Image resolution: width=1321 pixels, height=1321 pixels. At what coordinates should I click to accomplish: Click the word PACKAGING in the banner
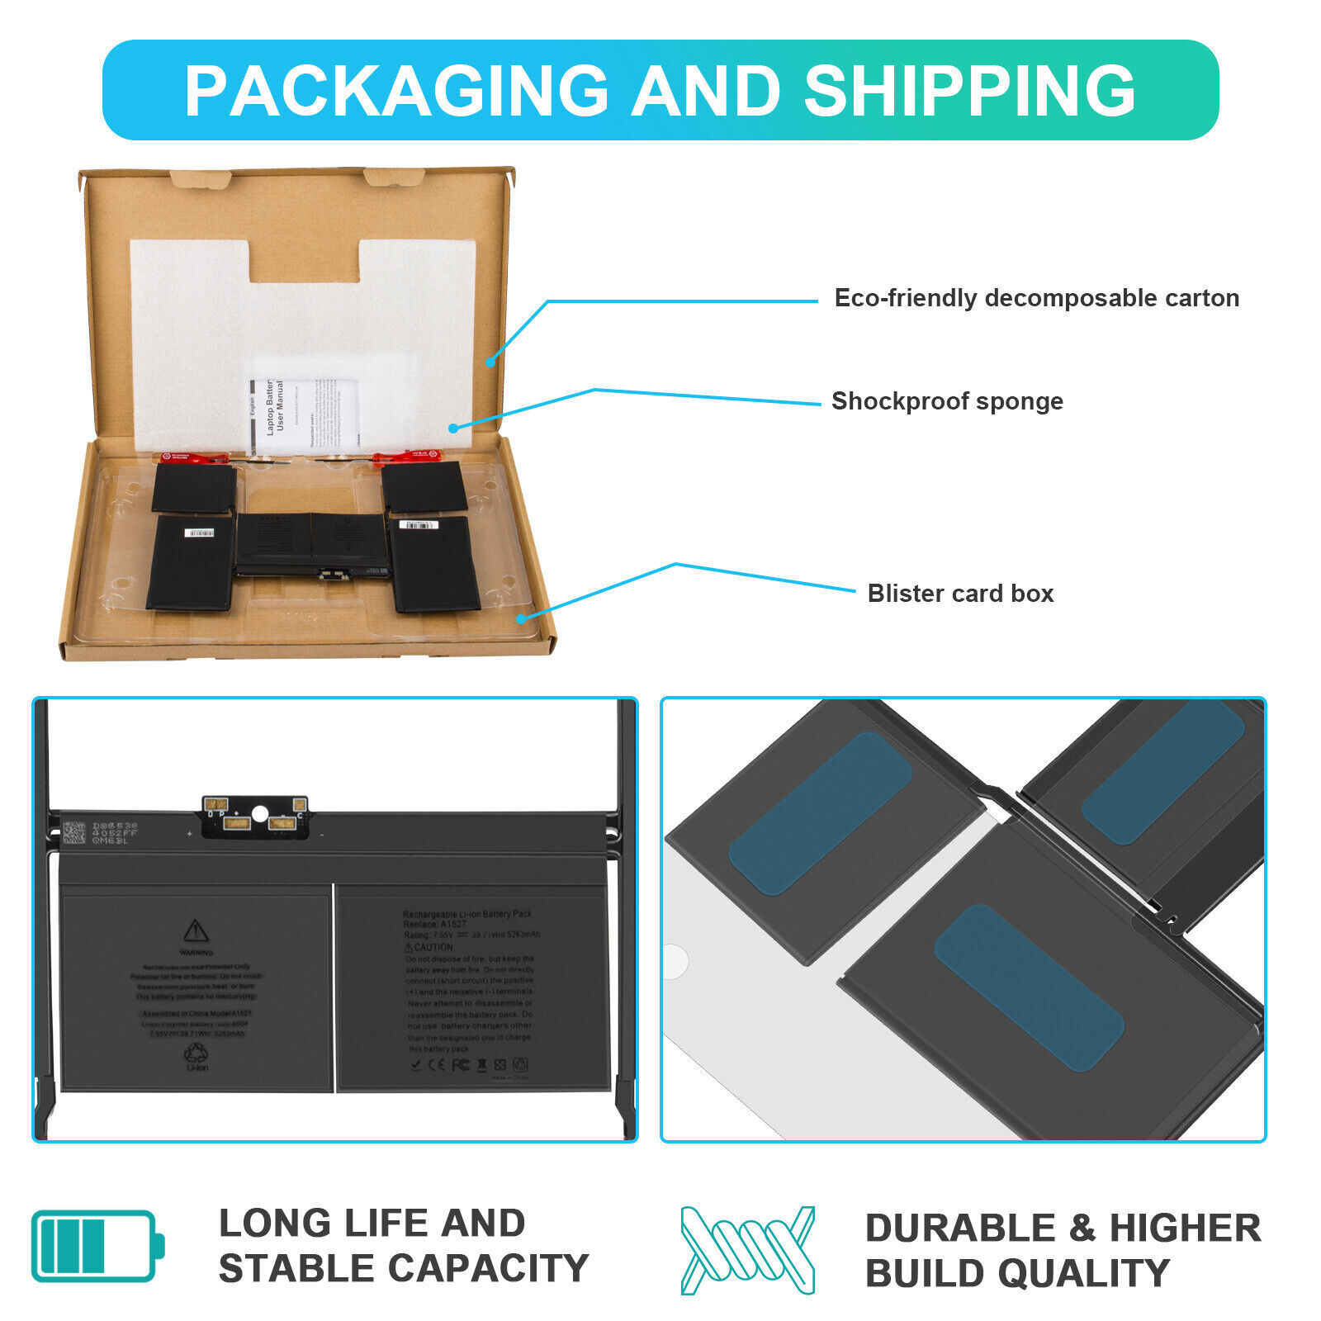click(x=396, y=90)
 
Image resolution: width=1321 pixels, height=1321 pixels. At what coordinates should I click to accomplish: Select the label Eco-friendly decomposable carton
click(x=1036, y=298)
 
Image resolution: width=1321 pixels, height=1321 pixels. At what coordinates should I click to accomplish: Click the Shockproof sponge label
click(x=947, y=401)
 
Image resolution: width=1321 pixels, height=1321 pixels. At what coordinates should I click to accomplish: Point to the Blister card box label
click(x=960, y=594)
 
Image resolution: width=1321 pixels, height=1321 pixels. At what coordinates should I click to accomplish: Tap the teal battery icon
click(x=97, y=1246)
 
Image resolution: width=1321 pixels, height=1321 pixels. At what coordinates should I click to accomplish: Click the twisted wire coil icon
click(x=747, y=1250)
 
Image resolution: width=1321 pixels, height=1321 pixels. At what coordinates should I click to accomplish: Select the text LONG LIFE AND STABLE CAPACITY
click(x=403, y=1246)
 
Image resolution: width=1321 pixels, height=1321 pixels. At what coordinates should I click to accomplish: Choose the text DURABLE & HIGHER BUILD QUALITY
click(x=1063, y=1250)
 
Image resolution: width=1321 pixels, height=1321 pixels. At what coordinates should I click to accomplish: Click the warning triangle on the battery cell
click(x=196, y=931)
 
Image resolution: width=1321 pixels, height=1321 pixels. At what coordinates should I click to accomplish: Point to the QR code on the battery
click(x=74, y=832)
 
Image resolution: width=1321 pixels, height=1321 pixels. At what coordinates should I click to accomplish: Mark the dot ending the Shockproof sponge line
click(x=453, y=428)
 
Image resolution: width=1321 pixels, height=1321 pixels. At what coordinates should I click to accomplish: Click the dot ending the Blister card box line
click(x=521, y=618)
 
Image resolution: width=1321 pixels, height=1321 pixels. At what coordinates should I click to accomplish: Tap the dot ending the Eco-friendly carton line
click(x=490, y=362)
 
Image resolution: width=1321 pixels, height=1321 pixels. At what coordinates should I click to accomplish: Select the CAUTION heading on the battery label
click(x=429, y=947)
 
